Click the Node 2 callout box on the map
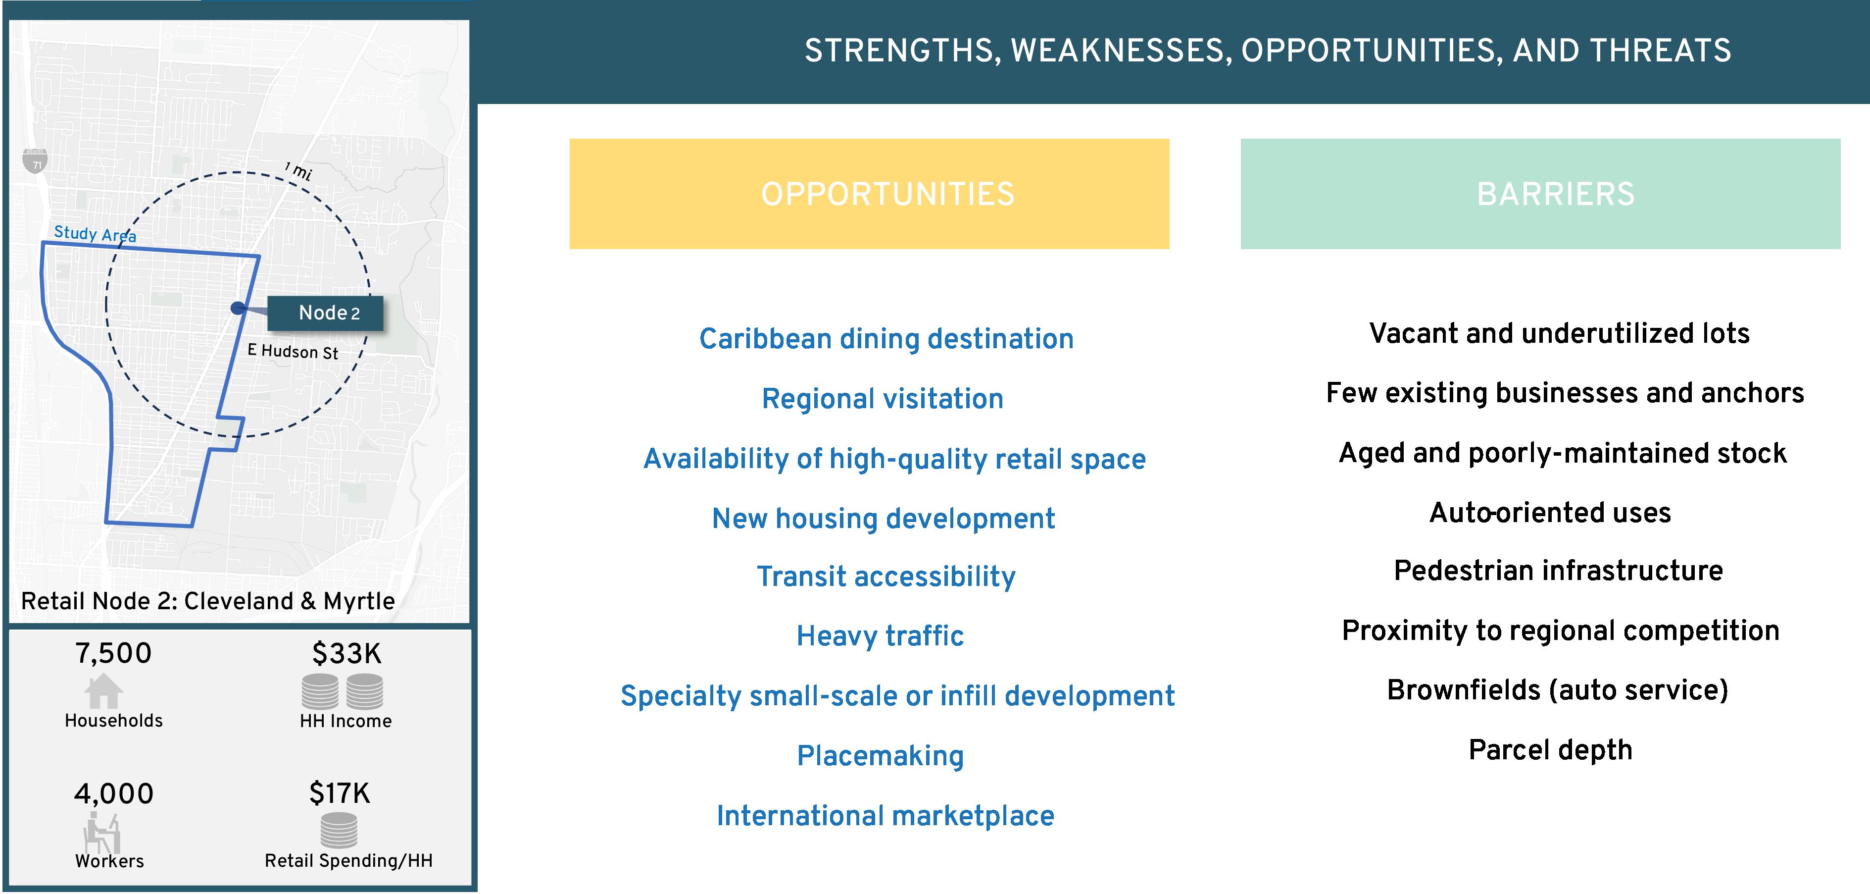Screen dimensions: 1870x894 point(325,313)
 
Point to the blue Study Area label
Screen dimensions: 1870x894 point(95,234)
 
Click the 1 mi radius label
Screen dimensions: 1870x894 point(298,171)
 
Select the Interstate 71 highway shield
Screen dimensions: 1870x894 point(35,160)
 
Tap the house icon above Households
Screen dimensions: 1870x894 point(103,690)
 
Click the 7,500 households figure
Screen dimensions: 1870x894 point(113,653)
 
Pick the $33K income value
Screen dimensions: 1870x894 point(346,654)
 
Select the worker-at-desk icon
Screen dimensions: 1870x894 point(101,832)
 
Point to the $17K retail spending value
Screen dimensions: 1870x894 point(339,793)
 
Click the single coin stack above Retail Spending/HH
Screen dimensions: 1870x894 point(339,830)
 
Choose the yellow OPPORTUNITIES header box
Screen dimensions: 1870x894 point(869,194)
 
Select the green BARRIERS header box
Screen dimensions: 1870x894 point(1540,194)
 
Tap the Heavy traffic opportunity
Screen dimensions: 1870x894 point(880,636)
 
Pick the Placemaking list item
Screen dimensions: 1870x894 point(881,756)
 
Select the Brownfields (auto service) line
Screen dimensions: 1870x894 point(1558,690)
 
